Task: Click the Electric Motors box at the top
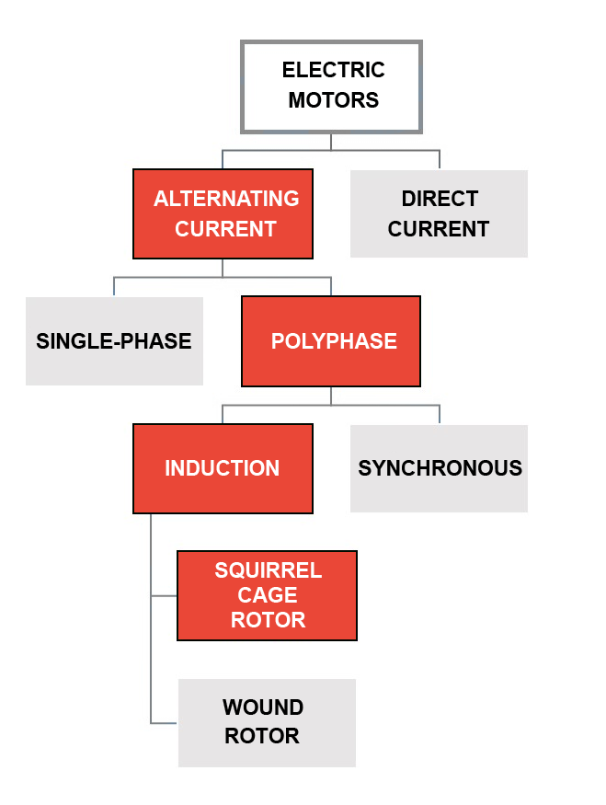point(331,86)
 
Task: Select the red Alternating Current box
point(223,213)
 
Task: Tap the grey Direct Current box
point(439,213)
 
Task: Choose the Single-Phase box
point(114,341)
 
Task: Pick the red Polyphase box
point(331,341)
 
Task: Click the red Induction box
point(223,468)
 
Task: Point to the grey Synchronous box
point(439,468)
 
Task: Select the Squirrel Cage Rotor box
point(267,595)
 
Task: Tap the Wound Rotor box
point(267,722)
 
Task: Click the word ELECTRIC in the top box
point(333,71)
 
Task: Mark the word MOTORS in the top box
point(333,100)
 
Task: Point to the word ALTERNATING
point(226,199)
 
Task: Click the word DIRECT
point(440,199)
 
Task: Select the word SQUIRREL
point(268,570)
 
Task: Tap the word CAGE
point(268,595)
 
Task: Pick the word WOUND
point(263,708)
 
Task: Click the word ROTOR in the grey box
point(262,736)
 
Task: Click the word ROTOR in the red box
point(268,620)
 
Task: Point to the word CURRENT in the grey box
point(439,229)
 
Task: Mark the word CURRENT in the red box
point(225,229)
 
